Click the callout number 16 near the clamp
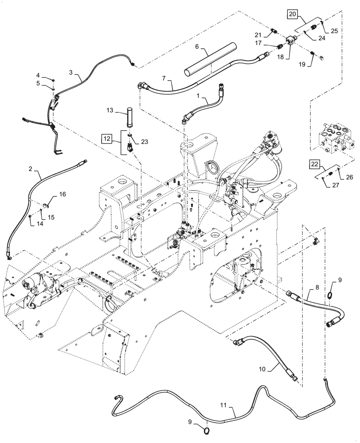pyautogui.click(x=62, y=194)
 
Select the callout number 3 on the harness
pyautogui.click(x=72, y=72)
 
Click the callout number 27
pyautogui.click(x=329, y=185)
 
